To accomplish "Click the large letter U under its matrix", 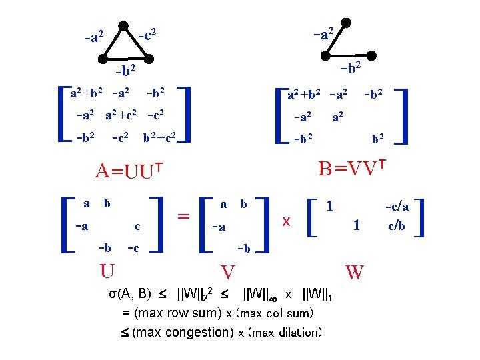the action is click(106, 271).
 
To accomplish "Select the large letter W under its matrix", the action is click(355, 271).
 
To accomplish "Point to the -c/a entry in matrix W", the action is click(397, 207).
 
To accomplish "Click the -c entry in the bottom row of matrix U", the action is click(133, 248).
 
